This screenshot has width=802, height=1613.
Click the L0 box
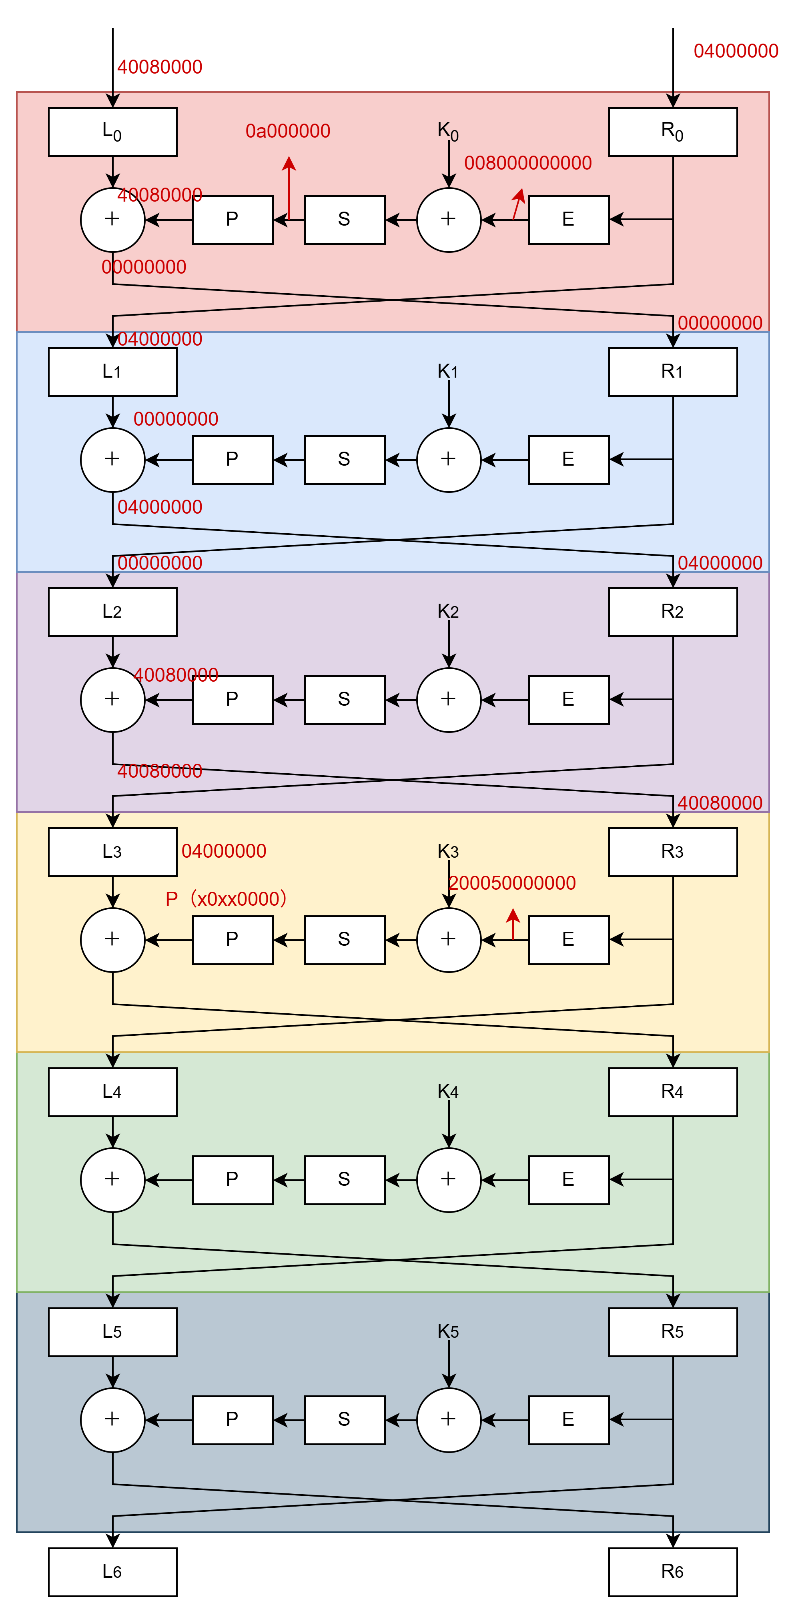pyautogui.click(x=113, y=132)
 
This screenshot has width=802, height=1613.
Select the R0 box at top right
pyautogui.click(x=672, y=132)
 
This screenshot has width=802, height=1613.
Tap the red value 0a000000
pyautogui.click(x=288, y=131)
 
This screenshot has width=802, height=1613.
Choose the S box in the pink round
pyautogui.click(x=345, y=220)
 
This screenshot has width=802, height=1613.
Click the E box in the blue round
pyautogui.click(x=568, y=460)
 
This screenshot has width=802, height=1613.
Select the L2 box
pyautogui.click(x=113, y=612)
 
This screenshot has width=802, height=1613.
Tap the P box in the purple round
pyautogui.click(x=233, y=699)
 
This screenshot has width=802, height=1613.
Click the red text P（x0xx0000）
pyautogui.click(x=226, y=899)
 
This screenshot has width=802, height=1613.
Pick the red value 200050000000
pyautogui.click(x=513, y=883)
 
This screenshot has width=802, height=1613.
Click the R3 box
pyautogui.click(x=672, y=852)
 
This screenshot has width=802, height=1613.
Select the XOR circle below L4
pyautogui.click(x=113, y=1180)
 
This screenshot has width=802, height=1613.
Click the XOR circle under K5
pyautogui.click(x=449, y=1419)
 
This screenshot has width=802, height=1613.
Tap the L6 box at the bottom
pyautogui.click(x=113, y=1572)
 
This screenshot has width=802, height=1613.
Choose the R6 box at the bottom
pyautogui.click(x=672, y=1572)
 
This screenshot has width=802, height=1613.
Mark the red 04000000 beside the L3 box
pyautogui.click(x=224, y=851)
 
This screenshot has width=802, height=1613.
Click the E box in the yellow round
pyautogui.click(x=568, y=939)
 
